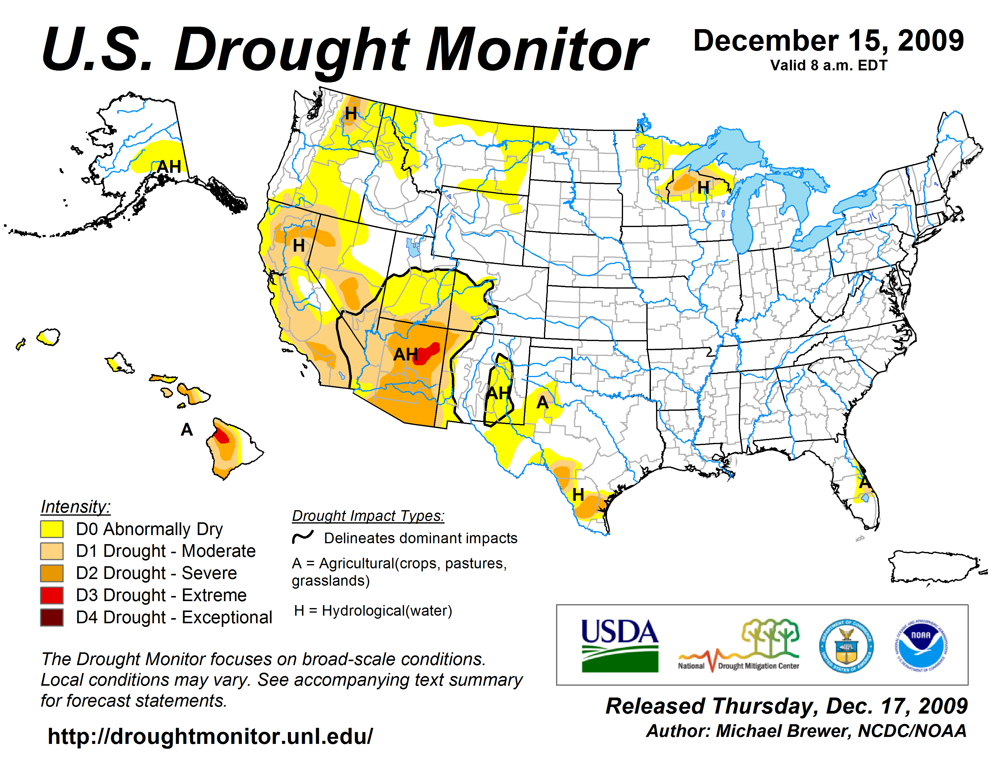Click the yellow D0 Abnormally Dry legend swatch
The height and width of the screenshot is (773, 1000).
(x=52, y=529)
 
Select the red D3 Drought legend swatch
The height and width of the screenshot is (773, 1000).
(x=52, y=595)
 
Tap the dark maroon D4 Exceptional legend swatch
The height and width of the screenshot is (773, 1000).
(x=52, y=617)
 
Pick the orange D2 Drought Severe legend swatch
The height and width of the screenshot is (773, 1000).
(x=52, y=573)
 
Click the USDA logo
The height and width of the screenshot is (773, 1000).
(x=619, y=646)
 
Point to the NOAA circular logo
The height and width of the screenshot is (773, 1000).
(x=921, y=646)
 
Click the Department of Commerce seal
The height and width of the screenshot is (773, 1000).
(x=846, y=646)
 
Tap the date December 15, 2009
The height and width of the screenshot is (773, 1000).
(x=829, y=41)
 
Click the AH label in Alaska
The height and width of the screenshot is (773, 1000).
(x=169, y=167)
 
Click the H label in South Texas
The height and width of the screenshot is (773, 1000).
(x=578, y=495)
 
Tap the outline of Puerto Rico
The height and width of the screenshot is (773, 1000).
(x=934, y=567)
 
